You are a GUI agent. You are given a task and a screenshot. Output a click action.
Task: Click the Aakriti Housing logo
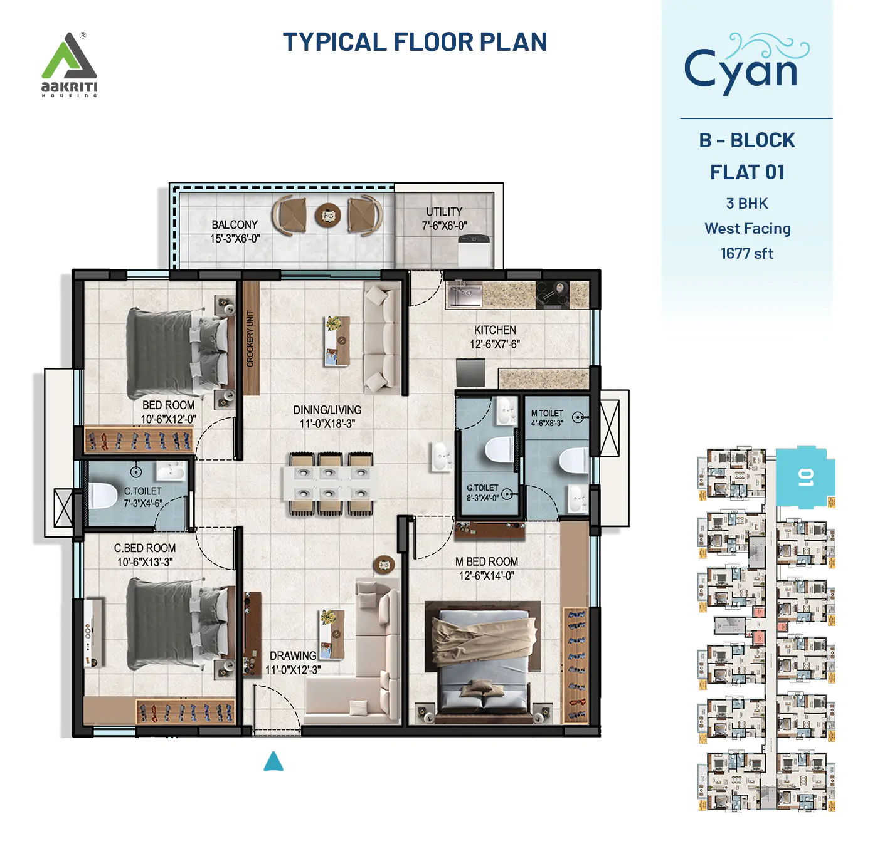[x=69, y=65]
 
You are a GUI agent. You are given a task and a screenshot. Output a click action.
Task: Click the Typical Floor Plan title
[x=415, y=42]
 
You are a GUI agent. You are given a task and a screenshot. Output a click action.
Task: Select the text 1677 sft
[x=746, y=254]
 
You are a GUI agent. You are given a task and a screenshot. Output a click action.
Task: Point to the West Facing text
[x=747, y=229]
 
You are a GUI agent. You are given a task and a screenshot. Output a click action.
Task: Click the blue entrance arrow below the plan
[x=273, y=762]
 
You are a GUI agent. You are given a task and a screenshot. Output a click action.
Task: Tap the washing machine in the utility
[x=474, y=249]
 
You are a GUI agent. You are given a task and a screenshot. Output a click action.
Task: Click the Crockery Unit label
[x=251, y=338]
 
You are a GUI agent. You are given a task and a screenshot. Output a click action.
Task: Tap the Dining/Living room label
[x=327, y=410]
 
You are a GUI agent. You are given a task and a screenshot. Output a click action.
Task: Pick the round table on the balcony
[x=327, y=216]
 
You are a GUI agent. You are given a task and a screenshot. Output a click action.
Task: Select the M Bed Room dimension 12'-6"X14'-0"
[x=486, y=576]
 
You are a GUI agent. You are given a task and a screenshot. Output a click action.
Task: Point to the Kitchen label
[x=495, y=330]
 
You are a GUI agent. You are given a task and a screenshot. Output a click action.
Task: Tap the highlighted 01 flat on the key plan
[x=805, y=477]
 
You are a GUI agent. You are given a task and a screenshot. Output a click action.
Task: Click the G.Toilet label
[x=482, y=488]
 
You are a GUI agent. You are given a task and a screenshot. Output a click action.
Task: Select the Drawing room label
[x=293, y=655]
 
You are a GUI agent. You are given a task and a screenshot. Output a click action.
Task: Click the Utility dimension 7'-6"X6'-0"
[x=444, y=226]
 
